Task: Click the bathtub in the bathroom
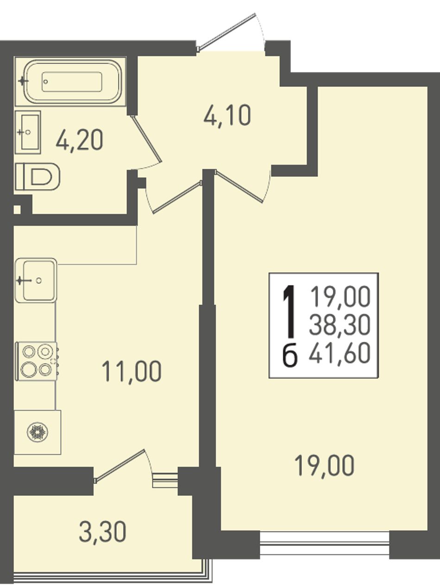point(70,81)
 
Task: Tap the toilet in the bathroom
point(38,177)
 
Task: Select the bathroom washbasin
point(28,132)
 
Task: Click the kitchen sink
point(36,280)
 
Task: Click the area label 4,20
point(79,140)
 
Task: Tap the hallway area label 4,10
point(227,116)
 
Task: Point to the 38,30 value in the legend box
point(339,325)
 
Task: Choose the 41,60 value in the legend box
point(339,353)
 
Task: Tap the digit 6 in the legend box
point(290,355)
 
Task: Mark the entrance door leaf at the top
point(226,31)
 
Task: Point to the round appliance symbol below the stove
point(38,432)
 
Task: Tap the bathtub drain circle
point(46,81)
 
